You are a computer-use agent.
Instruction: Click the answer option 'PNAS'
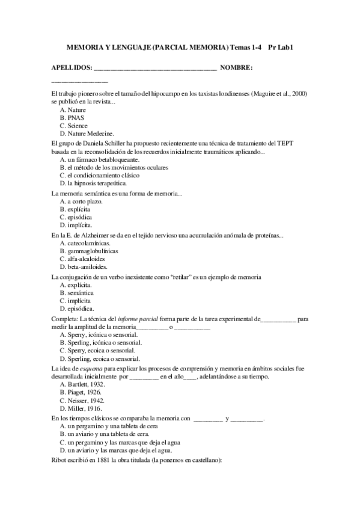[x=76, y=118]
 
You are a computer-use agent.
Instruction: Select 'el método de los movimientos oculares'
[x=118, y=167]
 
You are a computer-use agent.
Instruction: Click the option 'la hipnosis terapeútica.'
[x=97, y=183]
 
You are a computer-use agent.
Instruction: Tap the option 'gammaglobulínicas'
[x=93, y=251]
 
